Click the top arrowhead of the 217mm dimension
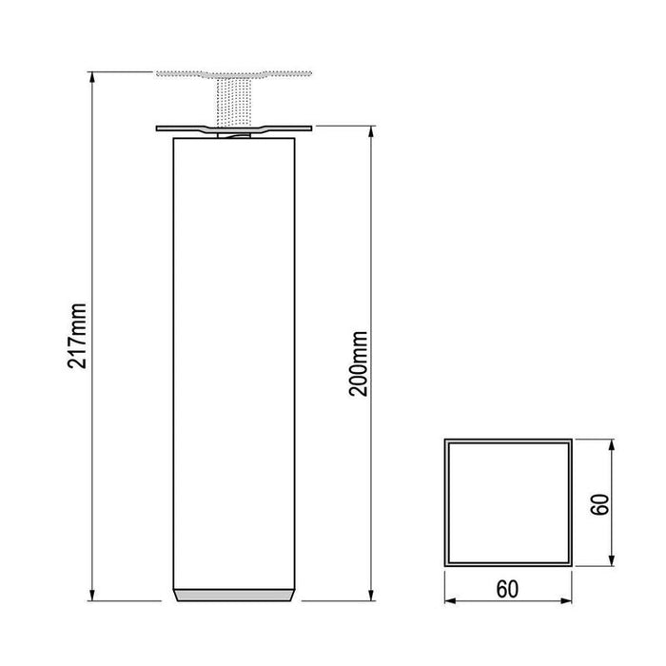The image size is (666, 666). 92,76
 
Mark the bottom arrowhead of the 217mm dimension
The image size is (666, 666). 92,597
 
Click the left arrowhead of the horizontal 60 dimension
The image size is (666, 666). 449,601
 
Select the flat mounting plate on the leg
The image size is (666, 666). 234,130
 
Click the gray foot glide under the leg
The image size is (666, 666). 234,594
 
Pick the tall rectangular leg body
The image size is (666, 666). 234,362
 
